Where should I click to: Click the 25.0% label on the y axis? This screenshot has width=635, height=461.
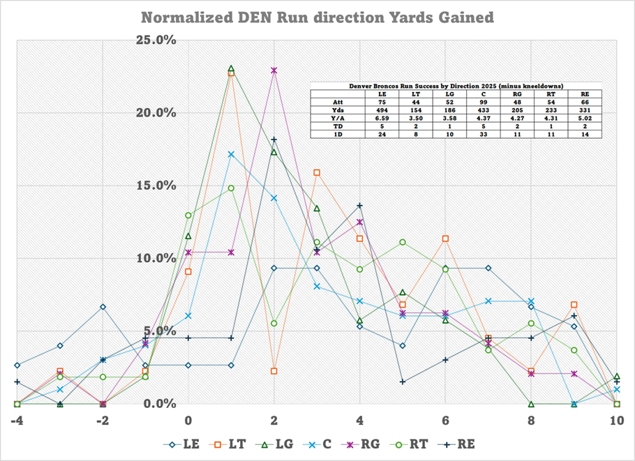click(156, 40)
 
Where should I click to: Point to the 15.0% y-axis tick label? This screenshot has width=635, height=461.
click(156, 186)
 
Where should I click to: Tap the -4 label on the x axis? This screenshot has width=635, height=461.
click(17, 421)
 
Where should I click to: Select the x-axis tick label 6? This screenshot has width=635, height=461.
click(445, 421)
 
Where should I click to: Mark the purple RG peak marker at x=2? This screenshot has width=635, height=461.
click(274, 70)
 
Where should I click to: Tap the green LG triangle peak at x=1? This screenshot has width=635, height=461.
click(231, 68)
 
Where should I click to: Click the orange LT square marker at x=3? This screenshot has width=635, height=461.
click(317, 172)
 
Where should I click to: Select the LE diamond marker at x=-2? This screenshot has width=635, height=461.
click(103, 307)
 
